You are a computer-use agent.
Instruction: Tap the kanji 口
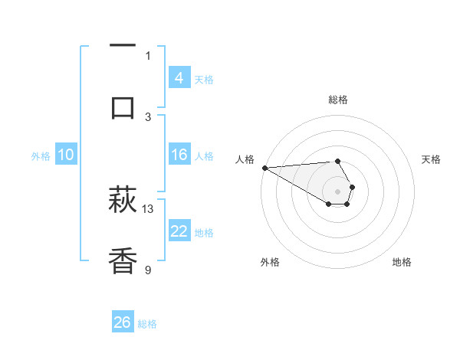point(123,107)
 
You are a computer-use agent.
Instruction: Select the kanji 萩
point(123,201)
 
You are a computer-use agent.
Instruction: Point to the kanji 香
point(123,261)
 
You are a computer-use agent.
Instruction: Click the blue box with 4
point(179,78)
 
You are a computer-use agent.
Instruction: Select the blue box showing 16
point(179,155)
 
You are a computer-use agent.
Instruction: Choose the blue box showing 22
point(179,232)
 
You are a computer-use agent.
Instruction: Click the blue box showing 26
point(122,322)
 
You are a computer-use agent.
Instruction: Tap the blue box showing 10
point(65,155)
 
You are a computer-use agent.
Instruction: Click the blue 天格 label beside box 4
point(204,79)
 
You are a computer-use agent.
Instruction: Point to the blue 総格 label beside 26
point(147,323)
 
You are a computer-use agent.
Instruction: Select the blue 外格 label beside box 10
point(41,155)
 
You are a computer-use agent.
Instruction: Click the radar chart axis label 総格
point(337,100)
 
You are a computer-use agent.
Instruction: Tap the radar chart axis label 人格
point(245,159)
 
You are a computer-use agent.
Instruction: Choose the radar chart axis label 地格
point(402,262)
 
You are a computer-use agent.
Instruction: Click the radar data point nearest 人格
point(264,168)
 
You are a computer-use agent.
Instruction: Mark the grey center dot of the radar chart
point(337,191)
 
